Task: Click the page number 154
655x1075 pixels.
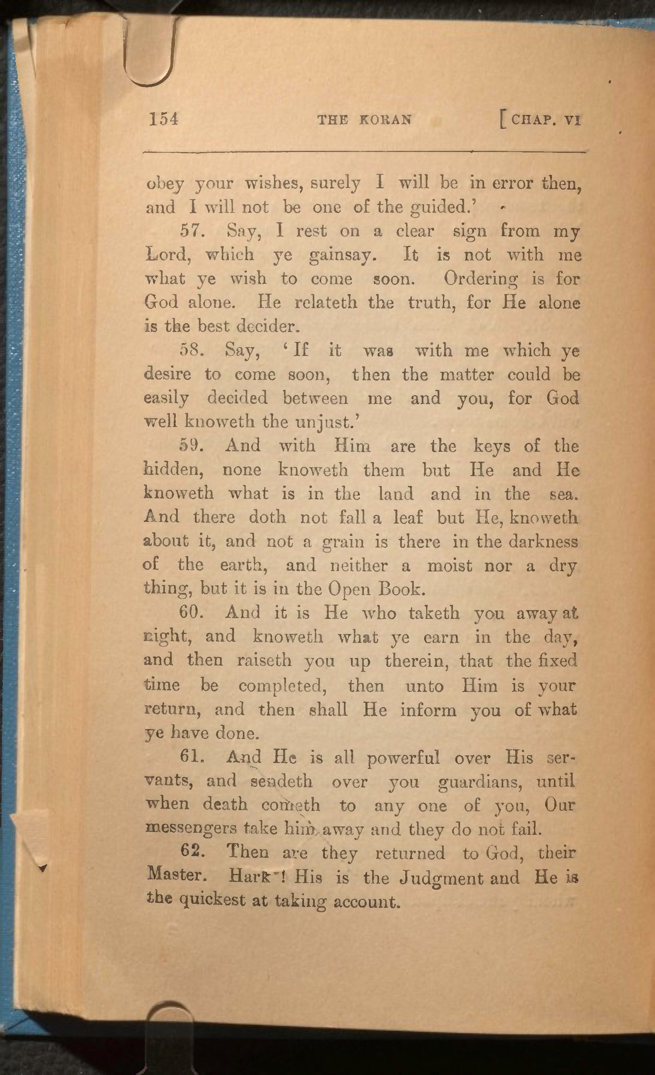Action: (x=164, y=119)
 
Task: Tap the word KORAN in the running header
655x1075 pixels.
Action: (x=385, y=120)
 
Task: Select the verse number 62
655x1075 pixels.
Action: (x=192, y=851)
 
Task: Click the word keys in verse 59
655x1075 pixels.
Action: (x=491, y=446)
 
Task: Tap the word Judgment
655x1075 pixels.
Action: (x=441, y=877)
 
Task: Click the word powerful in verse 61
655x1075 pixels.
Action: (x=403, y=758)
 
